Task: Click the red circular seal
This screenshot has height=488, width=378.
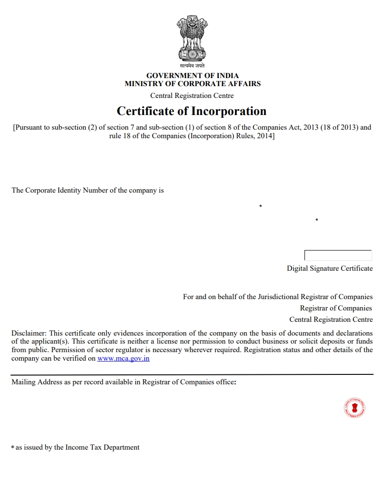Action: click(x=354, y=408)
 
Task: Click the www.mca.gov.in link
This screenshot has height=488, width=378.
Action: click(x=123, y=358)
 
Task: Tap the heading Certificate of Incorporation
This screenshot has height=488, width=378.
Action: click(x=191, y=111)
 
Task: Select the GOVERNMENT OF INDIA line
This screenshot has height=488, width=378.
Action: click(x=192, y=76)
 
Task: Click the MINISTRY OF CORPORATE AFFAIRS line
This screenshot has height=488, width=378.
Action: click(x=192, y=84)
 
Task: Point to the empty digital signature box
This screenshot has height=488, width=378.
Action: click(x=338, y=256)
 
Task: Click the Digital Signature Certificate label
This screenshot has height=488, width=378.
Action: click(x=330, y=268)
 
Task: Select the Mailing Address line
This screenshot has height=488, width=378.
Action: click(x=124, y=382)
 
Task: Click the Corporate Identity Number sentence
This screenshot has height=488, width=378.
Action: click(x=88, y=190)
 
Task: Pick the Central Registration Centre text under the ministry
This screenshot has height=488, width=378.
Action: click(x=192, y=96)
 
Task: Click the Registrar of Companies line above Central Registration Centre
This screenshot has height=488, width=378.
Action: click(x=336, y=308)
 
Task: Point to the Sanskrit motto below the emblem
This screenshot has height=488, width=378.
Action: click(x=192, y=66)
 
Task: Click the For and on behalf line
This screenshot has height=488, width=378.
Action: click(x=278, y=297)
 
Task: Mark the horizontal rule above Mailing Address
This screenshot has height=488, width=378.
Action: click(x=192, y=374)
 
